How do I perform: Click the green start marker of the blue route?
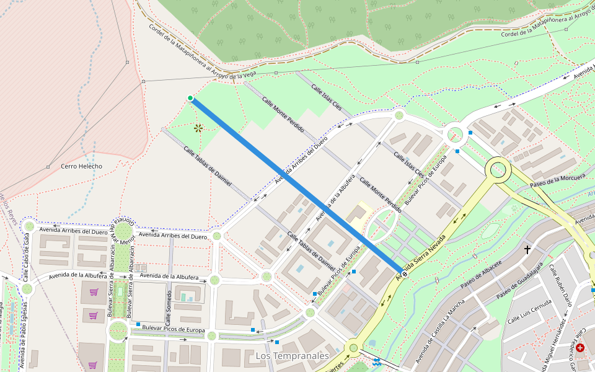[x=190, y=98]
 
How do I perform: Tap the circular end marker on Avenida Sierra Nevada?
[x=404, y=273]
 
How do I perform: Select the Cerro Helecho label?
[x=82, y=166]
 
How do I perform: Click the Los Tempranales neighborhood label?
[x=292, y=356]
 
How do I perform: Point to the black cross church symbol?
[x=527, y=250]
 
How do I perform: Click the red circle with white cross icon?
[x=580, y=348]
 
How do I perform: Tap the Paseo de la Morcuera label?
[x=557, y=180]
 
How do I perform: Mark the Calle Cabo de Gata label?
[x=27, y=256]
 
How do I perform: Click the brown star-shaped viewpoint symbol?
[x=198, y=128]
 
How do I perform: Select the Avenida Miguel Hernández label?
[x=553, y=343]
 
